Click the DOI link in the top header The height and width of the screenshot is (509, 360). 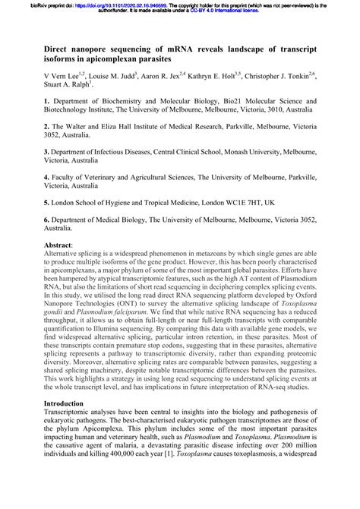(108, 5)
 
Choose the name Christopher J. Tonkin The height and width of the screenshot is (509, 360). (286, 77)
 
